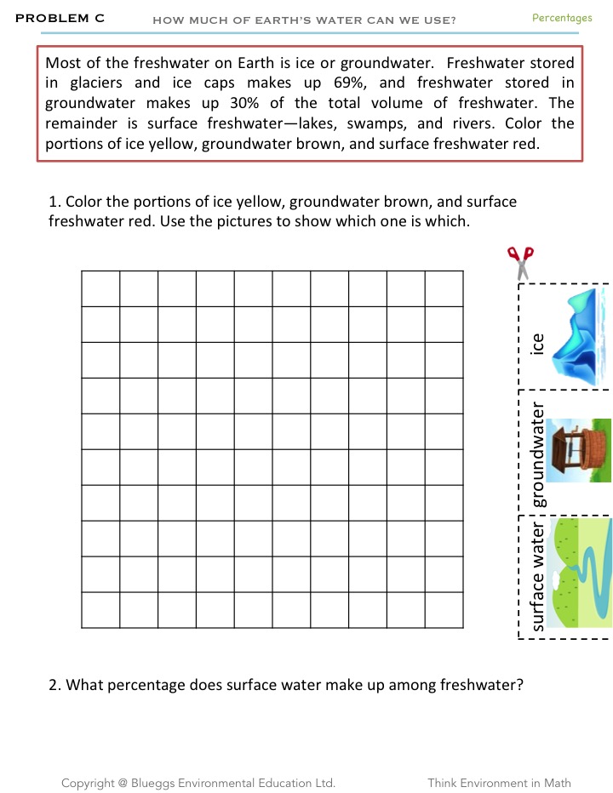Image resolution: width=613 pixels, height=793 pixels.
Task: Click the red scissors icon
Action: tap(519, 262)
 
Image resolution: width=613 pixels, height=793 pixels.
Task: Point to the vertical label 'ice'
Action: tap(536, 343)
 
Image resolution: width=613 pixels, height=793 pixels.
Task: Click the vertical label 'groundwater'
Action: tap(537, 454)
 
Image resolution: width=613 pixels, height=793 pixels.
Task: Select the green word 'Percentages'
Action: tap(562, 18)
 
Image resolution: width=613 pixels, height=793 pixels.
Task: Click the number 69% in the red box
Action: tap(347, 83)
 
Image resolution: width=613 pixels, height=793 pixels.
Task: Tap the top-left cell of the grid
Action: tap(100, 288)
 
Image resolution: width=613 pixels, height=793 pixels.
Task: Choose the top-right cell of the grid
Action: tap(444, 288)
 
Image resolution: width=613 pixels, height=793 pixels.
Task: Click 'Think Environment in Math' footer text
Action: tap(500, 783)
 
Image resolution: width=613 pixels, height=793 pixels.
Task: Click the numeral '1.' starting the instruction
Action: tap(55, 202)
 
